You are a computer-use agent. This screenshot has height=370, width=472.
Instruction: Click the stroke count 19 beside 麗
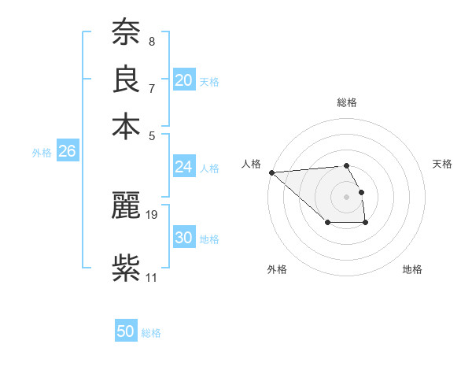[152, 213]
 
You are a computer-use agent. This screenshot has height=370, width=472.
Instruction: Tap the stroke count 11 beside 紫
[151, 277]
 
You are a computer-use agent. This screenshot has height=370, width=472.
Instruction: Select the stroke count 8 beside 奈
[151, 41]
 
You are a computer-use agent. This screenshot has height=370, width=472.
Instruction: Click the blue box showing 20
[184, 80]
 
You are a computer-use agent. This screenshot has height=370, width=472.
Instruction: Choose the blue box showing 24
[184, 167]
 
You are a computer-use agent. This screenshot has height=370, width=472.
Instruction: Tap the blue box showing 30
[184, 238]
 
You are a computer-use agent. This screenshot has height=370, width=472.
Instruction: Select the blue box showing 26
[67, 152]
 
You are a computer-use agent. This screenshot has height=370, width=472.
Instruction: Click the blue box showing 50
[126, 332]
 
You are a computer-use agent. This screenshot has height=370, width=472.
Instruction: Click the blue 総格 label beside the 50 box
[151, 333]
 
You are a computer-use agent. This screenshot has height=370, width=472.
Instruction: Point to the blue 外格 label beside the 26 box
[42, 153]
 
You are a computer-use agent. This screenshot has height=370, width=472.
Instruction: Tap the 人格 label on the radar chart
[252, 164]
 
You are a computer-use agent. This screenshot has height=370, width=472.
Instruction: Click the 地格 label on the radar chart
[412, 269]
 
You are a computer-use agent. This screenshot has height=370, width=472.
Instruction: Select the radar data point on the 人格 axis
[271, 172]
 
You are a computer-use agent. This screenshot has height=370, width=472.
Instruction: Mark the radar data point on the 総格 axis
[346, 165]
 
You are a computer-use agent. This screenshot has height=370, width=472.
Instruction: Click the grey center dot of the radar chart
[346, 196]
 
